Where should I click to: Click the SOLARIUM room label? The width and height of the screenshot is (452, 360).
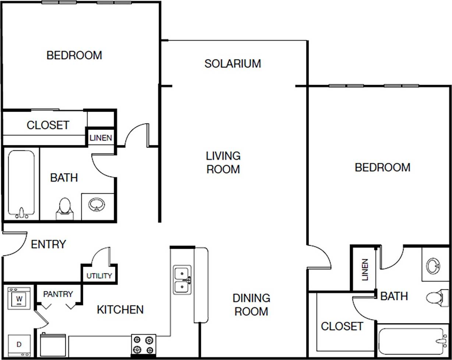(232, 63)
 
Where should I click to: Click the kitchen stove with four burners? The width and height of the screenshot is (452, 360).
(144, 345)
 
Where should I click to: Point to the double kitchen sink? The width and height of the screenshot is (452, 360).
(182, 280)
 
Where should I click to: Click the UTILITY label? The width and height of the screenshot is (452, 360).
(99, 276)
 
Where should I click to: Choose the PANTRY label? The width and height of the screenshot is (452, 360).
(58, 294)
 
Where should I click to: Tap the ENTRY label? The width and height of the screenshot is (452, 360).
(48, 244)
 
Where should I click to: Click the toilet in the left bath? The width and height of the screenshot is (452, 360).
(64, 208)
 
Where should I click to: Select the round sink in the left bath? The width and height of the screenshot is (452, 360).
(96, 204)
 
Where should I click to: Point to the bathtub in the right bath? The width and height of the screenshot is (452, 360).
(412, 341)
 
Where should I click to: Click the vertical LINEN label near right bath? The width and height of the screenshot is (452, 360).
(364, 270)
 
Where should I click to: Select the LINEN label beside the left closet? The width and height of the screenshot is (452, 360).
(100, 138)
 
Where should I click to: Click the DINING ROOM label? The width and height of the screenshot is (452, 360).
(251, 304)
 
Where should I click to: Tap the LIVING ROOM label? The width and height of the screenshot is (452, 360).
(223, 162)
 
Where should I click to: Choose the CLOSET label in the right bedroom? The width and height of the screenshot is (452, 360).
(342, 326)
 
